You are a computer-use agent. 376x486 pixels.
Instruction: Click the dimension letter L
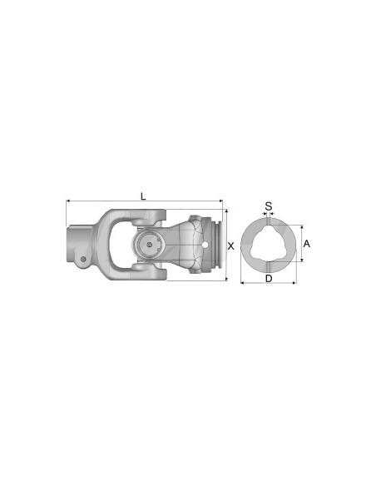pyautogui.click(x=143, y=196)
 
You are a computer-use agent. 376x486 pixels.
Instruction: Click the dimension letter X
pyautogui.click(x=230, y=245)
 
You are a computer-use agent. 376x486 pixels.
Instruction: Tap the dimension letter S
pyautogui.click(x=268, y=206)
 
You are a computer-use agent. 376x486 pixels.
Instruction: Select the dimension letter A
pyautogui.click(x=307, y=243)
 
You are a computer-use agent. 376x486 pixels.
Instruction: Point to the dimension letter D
pyautogui.click(x=268, y=279)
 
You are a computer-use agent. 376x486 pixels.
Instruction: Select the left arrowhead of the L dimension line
pyautogui.click(x=67, y=201)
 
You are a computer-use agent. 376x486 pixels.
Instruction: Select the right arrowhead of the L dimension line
pyautogui.click(x=222, y=201)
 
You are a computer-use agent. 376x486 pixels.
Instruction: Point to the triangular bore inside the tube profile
pyautogui.click(x=268, y=244)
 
